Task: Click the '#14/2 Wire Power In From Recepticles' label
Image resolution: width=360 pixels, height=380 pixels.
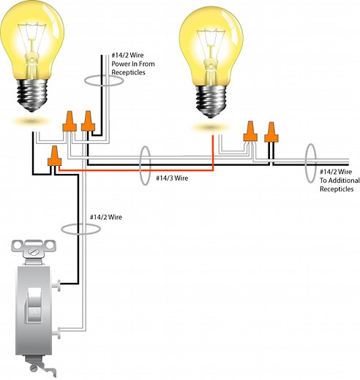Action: point(134,64)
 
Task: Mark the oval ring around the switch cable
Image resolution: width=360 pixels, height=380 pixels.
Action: point(80,229)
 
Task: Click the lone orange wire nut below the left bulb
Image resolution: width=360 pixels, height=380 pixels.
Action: point(53,155)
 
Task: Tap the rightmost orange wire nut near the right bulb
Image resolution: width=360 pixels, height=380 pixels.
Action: point(271,132)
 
